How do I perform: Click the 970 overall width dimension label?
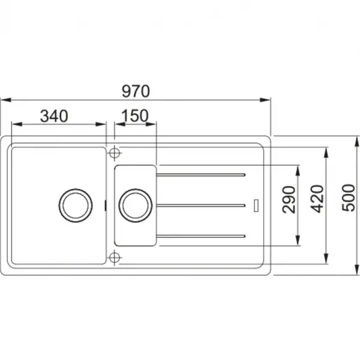(136, 91)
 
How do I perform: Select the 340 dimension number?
(54, 116)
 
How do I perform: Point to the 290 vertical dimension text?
(289, 200)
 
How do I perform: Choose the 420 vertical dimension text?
(317, 199)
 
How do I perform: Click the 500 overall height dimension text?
(348, 197)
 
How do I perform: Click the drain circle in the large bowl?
(76, 205)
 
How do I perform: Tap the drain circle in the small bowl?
(135, 205)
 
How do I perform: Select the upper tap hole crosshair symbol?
(115, 153)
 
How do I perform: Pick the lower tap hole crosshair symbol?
(115, 257)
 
